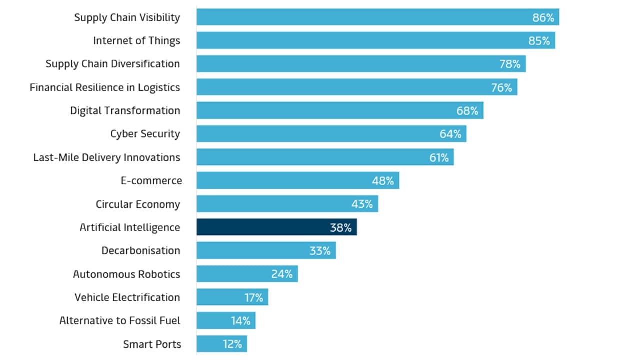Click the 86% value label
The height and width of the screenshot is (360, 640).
click(543, 18)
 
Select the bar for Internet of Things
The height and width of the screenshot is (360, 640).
click(375, 41)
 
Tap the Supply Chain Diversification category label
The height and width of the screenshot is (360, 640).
click(113, 64)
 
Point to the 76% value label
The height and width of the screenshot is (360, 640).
click(501, 88)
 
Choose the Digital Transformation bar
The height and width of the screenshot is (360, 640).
click(340, 111)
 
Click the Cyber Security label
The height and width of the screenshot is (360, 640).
click(145, 134)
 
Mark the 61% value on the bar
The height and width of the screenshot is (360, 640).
click(439, 158)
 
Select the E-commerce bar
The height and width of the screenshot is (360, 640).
click(297, 181)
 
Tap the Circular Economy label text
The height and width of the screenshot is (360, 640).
click(138, 204)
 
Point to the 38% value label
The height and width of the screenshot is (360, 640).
click(341, 228)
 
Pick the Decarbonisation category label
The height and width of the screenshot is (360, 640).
click(141, 251)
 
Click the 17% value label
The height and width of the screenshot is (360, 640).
click(254, 298)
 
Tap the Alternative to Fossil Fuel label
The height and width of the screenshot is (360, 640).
click(120, 321)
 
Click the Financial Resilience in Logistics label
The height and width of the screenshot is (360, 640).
click(105, 87)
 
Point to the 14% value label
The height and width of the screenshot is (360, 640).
click(241, 321)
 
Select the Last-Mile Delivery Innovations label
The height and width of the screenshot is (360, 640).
click(107, 157)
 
